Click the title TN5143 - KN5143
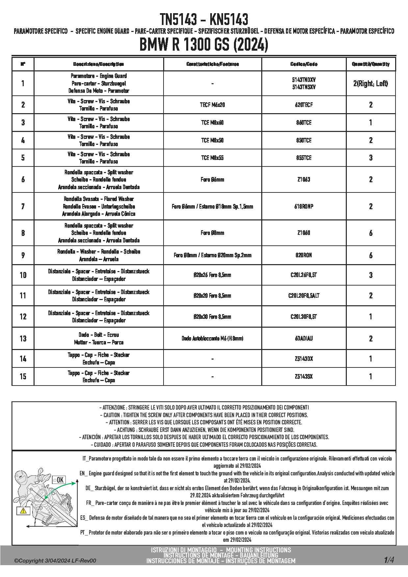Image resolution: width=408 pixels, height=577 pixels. point(204,19)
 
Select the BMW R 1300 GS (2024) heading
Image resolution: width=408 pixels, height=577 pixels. point(204,45)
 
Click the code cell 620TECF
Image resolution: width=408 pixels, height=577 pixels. point(304,105)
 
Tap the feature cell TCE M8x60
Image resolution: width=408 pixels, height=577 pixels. point(212,123)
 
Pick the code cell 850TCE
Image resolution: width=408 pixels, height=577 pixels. point(304,140)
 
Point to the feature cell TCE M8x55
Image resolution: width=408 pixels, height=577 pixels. point(212,158)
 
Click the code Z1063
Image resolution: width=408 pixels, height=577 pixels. point(304,180)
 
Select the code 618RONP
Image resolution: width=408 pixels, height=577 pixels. point(304,207)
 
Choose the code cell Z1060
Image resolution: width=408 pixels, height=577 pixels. point(304,233)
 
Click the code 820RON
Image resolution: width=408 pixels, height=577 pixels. point(304,255)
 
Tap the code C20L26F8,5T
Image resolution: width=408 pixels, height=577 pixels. point(304,275)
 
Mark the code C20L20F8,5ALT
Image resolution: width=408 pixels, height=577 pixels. point(304,296)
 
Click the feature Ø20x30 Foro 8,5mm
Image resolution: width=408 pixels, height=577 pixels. point(212,317)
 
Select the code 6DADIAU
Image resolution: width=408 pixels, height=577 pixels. point(304,339)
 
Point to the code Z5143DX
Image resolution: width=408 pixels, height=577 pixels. point(304,359)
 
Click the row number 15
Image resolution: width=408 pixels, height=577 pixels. point(23,376)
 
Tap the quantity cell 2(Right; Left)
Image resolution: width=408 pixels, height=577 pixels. point(370,84)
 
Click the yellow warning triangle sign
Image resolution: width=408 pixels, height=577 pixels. point(23,511)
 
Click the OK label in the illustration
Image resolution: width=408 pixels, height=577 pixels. point(60,480)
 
